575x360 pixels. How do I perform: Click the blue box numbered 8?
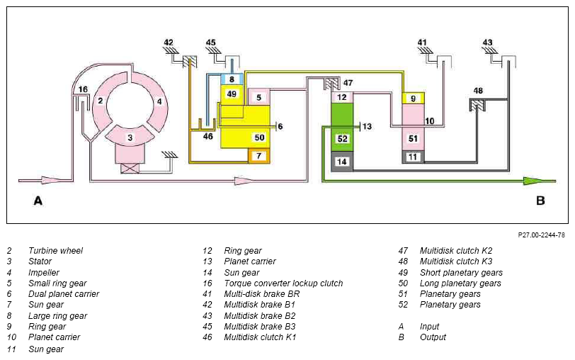tap(232, 79)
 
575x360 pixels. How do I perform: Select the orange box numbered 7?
tap(259, 156)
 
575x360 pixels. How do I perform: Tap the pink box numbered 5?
tap(259, 97)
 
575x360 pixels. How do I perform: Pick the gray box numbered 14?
tap(342, 162)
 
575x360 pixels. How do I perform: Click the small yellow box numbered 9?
tap(414, 99)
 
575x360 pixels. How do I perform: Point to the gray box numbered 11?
tap(414, 157)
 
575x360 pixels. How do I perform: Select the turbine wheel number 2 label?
tap(100, 100)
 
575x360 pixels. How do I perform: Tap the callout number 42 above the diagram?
tap(169, 43)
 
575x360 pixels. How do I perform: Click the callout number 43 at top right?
tap(487, 43)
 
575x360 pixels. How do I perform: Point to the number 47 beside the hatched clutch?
tap(348, 83)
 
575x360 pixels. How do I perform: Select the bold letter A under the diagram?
tap(38, 201)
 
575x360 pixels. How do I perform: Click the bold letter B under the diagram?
tap(540, 201)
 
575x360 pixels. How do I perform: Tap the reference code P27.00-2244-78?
tap(541, 235)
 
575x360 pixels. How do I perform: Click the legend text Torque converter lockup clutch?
tap(283, 283)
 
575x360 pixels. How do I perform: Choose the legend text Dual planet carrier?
tap(64, 294)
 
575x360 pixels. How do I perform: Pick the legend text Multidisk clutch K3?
tap(456, 261)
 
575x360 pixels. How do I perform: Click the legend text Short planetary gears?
tap(461, 273)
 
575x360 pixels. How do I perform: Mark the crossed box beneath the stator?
tap(130, 169)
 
